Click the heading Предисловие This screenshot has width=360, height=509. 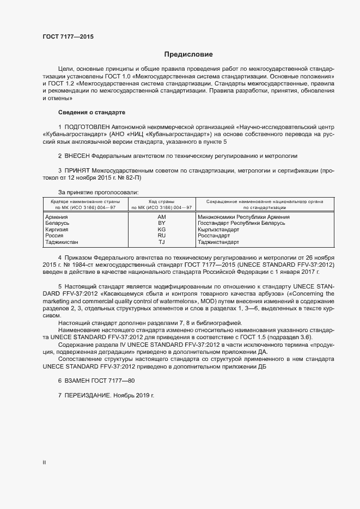[x=188, y=54]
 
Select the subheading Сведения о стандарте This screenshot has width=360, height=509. [x=91, y=112]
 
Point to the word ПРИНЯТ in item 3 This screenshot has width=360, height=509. [x=78, y=170]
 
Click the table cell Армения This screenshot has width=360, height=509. [x=57, y=217]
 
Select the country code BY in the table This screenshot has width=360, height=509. [x=161, y=223]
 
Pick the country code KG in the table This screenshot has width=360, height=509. [x=161, y=229]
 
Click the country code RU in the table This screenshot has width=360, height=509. [x=161, y=235]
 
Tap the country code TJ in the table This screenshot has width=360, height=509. [x=161, y=242]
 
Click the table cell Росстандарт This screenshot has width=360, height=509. [x=215, y=235]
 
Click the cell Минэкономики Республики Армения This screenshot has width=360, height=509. [x=243, y=217]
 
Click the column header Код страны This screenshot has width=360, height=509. [x=161, y=201]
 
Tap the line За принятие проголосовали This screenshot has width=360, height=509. [x=99, y=192]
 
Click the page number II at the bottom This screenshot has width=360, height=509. [x=45, y=463]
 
